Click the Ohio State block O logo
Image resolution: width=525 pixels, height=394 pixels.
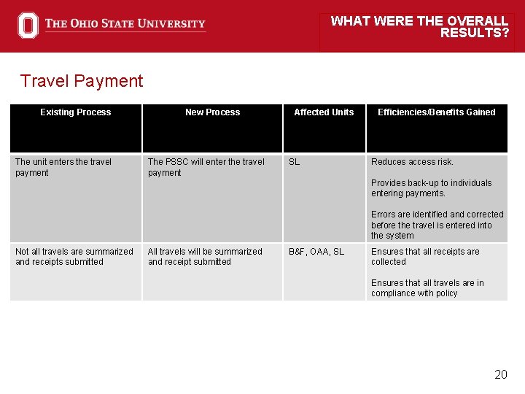tap(28, 26)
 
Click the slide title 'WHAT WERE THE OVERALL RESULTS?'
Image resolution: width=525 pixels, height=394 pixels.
tap(419, 27)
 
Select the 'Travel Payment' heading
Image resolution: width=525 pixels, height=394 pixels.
tap(82, 81)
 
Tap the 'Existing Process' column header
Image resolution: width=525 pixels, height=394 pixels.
tap(76, 112)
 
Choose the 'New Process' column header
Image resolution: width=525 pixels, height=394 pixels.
tap(212, 112)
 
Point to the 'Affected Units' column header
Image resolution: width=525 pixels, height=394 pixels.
tap(324, 112)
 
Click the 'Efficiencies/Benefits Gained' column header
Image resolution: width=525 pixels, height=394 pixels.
tap(436, 112)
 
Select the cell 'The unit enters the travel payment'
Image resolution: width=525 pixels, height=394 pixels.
tap(63, 167)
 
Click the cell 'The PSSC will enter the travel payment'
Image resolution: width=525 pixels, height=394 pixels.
tap(206, 167)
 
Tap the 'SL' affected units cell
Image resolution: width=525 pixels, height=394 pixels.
tap(294, 162)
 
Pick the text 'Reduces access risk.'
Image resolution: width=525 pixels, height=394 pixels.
tap(412, 162)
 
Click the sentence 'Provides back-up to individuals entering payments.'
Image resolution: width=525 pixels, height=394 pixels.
tap(431, 188)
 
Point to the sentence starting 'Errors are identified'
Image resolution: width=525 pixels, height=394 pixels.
tap(437, 225)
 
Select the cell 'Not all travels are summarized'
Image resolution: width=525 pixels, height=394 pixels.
tap(74, 256)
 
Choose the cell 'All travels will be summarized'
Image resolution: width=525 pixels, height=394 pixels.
tap(205, 256)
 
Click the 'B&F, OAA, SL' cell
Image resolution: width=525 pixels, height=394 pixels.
tap(316, 252)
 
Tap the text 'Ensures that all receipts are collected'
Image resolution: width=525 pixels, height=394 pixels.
tap(425, 256)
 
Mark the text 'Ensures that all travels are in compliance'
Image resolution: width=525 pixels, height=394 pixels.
tap(427, 288)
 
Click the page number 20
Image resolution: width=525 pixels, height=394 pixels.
tap(500, 375)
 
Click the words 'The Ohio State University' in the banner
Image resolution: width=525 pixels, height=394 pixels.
tap(125, 24)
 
